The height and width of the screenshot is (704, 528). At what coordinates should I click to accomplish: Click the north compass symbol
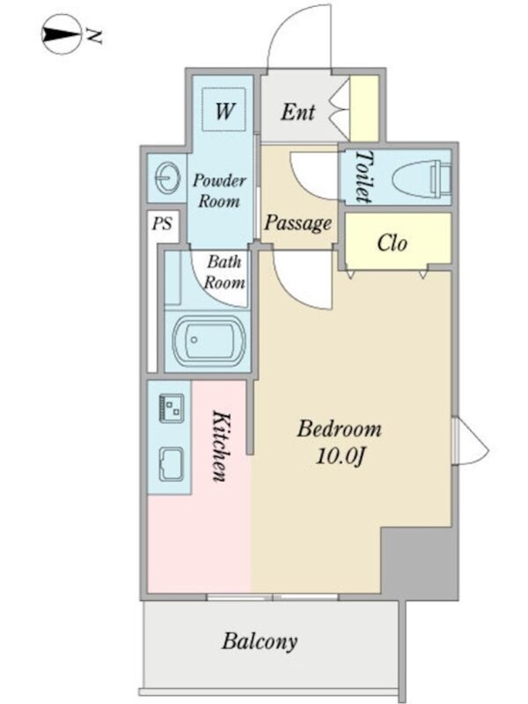point(61,34)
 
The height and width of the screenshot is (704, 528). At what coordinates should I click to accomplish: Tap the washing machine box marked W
point(224,110)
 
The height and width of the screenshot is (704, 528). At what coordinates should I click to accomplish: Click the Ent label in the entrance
point(297,112)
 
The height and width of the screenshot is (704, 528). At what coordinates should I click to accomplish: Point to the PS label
point(162,223)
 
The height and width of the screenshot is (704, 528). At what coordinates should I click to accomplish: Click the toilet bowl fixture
point(421,179)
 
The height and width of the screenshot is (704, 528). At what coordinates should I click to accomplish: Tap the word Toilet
point(364,176)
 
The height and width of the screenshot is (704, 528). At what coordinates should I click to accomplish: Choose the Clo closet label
point(392,243)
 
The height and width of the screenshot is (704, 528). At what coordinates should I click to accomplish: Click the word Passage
point(297,223)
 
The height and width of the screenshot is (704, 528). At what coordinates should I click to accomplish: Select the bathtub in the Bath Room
point(209,340)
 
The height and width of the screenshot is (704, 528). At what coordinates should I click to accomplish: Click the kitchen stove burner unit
point(172,408)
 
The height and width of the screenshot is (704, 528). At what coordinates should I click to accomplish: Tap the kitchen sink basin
point(172,464)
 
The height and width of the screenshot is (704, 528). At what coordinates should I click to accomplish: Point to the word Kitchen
point(221,446)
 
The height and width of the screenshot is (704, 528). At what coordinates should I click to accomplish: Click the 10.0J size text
point(340,457)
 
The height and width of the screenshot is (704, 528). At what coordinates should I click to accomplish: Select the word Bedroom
point(340,429)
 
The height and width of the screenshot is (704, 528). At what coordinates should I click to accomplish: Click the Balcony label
point(260,641)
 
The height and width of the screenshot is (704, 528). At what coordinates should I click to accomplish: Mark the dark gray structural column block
point(419,562)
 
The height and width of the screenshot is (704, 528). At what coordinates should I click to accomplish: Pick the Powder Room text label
point(219,191)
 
